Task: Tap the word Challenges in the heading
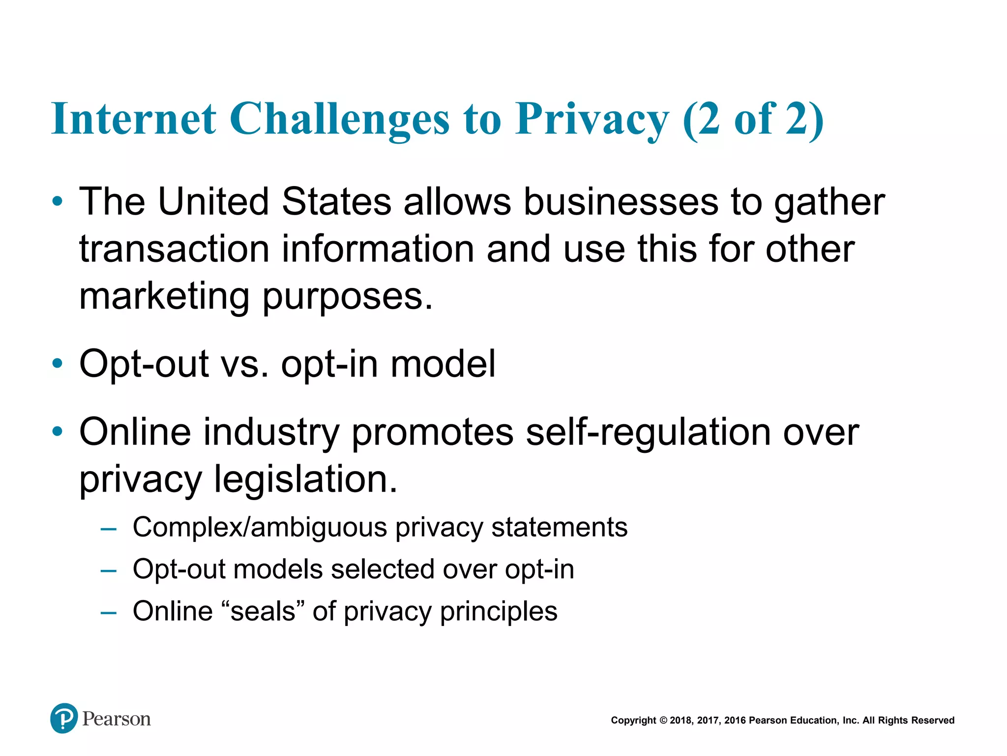pyautogui.click(x=339, y=120)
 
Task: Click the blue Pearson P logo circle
pyautogui.click(x=64, y=718)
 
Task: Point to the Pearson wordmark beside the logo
pyautogui.click(x=117, y=719)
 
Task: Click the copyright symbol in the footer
pyautogui.click(x=663, y=721)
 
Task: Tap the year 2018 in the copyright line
pyautogui.click(x=681, y=721)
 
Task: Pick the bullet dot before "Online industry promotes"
pyautogui.click(x=58, y=431)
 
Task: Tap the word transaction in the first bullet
pyautogui.click(x=174, y=249)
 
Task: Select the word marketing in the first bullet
pyautogui.click(x=164, y=297)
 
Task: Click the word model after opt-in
pyautogui.click(x=443, y=364)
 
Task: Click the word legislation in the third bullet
pyautogui.click(x=305, y=479)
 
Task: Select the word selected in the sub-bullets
pyautogui.click(x=383, y=569)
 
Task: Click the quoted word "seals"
pyautogui.click(x=263, y=611)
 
